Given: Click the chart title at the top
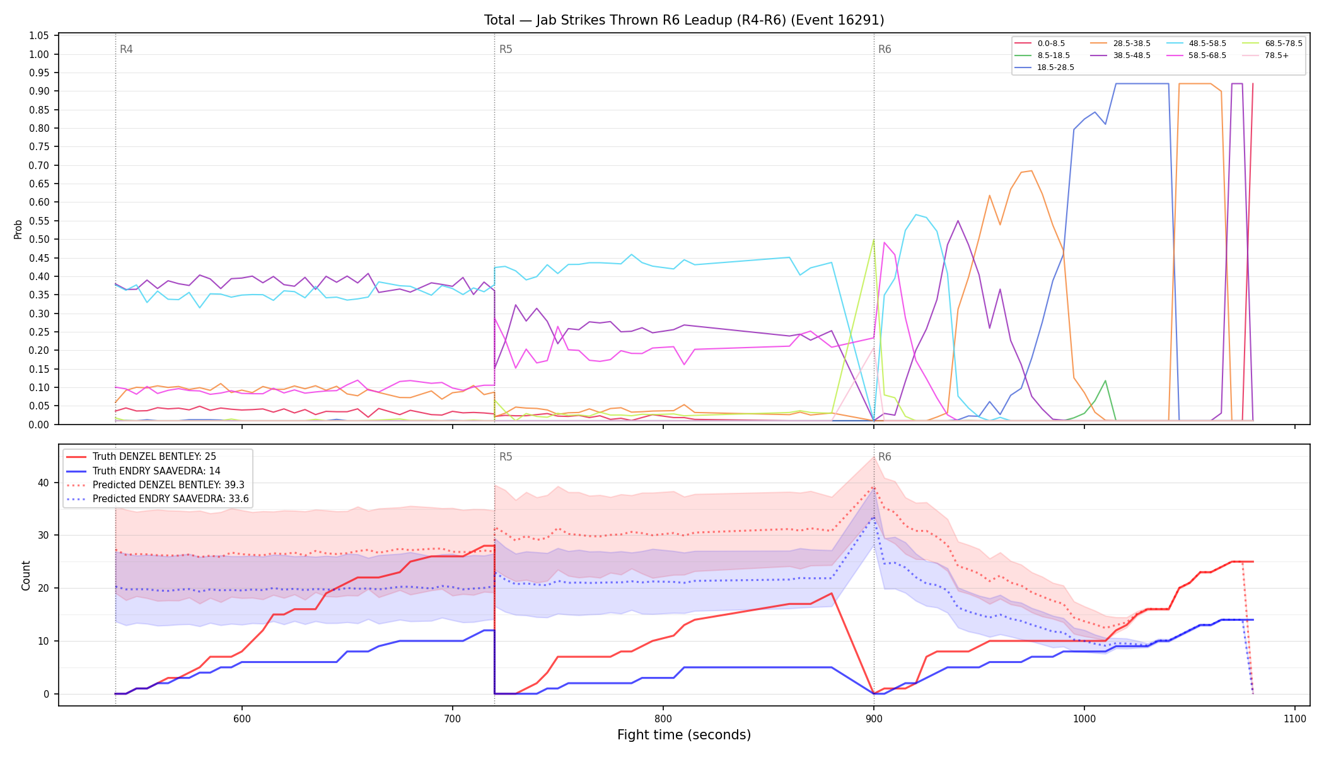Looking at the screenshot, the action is tap(684, 20).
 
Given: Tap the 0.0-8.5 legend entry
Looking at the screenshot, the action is tap(1040, 44).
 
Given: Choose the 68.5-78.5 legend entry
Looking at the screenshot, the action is tap(1272, 44).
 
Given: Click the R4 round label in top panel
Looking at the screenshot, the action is tap(126, 49).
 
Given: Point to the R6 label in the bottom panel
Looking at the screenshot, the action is tap(885, 457).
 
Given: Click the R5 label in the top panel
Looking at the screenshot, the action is tap(506, 49).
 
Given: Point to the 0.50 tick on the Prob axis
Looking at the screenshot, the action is tap(39, 240).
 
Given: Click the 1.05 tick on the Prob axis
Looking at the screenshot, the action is tap(39, 36).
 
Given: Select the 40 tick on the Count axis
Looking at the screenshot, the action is tap(43, 483).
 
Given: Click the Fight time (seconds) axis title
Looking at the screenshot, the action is tap(684, 735).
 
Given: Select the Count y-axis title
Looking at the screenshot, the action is tap(26, 575).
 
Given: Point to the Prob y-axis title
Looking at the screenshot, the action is tap(18, 229).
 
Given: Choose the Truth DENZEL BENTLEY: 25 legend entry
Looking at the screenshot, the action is tap(155, 457).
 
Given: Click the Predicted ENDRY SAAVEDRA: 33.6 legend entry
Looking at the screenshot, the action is tap(158, 499).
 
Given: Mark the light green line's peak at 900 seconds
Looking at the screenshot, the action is tap(874, 240).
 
